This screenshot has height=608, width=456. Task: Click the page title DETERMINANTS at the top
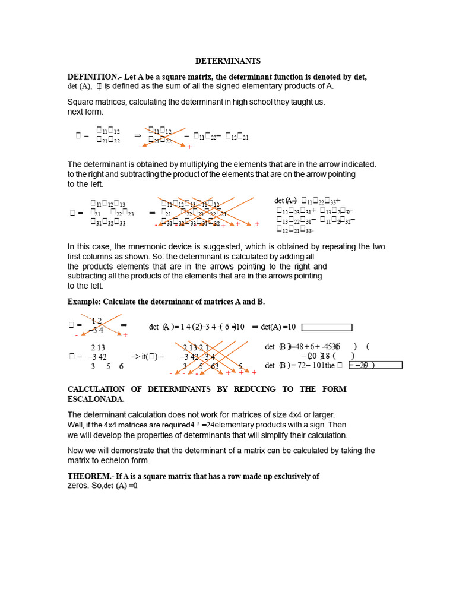[x=228, y=61]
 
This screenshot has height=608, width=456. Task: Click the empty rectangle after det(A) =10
[x=327, y=327]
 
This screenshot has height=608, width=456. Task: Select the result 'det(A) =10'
[x=278, y=327]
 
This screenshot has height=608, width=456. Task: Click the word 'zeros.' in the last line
[x=79, y=486]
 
